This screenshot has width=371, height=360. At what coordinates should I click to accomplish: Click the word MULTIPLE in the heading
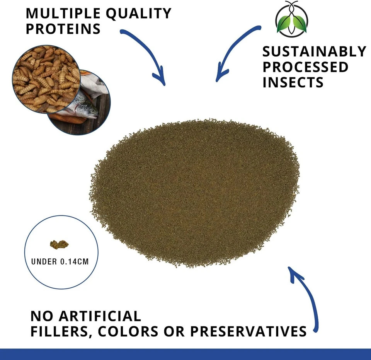pos(63,13)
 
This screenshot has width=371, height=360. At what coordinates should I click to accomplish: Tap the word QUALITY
pos(138,14)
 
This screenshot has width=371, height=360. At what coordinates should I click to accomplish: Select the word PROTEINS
pos(63,29)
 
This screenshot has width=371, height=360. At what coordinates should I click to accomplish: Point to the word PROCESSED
pos(305,67)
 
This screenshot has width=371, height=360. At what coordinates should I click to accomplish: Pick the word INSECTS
pos(293,82)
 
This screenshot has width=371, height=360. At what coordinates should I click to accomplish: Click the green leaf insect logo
pos(292,19)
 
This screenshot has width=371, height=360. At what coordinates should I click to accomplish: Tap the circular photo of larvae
pos(46,79)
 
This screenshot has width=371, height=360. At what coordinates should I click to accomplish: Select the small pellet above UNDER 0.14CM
pos(59,244)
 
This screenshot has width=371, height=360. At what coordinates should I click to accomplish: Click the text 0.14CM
pos(75,262)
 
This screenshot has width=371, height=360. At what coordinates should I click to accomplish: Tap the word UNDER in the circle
pos(44,262)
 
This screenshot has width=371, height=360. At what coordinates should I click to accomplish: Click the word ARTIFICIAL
pos(100,316)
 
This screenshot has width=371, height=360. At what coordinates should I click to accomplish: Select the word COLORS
pos(128,331)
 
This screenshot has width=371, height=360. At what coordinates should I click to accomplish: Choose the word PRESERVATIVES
pos(248,331)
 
